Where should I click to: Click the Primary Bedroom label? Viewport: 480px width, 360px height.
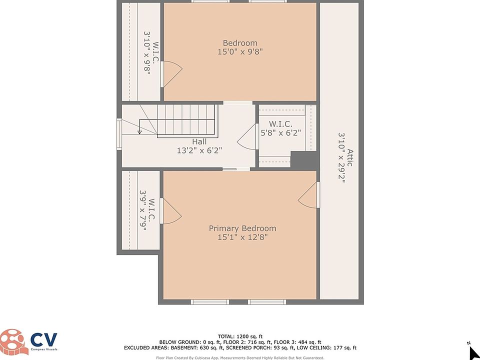click(242, 228)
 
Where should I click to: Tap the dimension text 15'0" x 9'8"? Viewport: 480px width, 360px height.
click(240, 51)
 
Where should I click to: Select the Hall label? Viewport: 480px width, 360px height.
click(199, 141)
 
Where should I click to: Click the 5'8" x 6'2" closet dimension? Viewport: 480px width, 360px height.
click(280, 133)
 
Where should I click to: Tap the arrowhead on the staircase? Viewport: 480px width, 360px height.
click(139, 132)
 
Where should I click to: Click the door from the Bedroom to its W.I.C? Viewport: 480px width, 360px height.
click(171, 74)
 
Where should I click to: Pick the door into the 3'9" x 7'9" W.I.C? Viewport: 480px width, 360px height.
click(170, 211)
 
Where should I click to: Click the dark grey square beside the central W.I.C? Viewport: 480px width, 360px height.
click(303, 159)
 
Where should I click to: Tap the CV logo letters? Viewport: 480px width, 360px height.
click(43, 339)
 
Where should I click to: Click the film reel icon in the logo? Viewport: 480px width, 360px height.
click(12, 342)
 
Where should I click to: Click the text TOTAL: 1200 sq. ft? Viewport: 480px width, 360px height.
click(240, 336)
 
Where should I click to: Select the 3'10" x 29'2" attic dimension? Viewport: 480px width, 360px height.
click(341, 158)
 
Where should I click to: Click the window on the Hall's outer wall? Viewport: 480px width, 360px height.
click(119, 134)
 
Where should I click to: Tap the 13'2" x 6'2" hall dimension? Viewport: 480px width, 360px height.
click(199, 150)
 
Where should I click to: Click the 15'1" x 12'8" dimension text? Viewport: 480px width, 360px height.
click(242, 237)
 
